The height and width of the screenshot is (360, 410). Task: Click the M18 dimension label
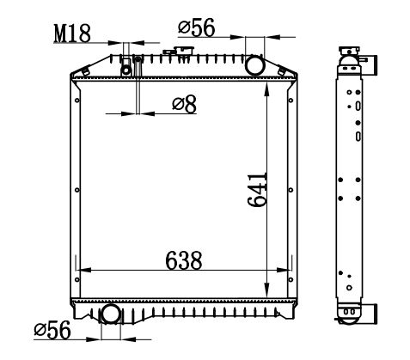click(x=72, y=34)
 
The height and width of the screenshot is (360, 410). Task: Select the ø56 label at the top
click(x=196, y=27)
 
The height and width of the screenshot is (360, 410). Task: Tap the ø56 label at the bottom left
click(x=52, y=330)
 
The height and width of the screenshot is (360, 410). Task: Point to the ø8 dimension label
click(x=184, y=104)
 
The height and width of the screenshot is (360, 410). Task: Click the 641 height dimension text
click(x=257, y=190)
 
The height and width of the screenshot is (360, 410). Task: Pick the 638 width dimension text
click(x=184, y=260)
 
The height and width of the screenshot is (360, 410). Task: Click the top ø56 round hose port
click(x=254, y=65)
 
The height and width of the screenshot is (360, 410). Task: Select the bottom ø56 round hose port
click(x=111, y=314)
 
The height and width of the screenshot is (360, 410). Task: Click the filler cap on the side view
click(x=349, y=50)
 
